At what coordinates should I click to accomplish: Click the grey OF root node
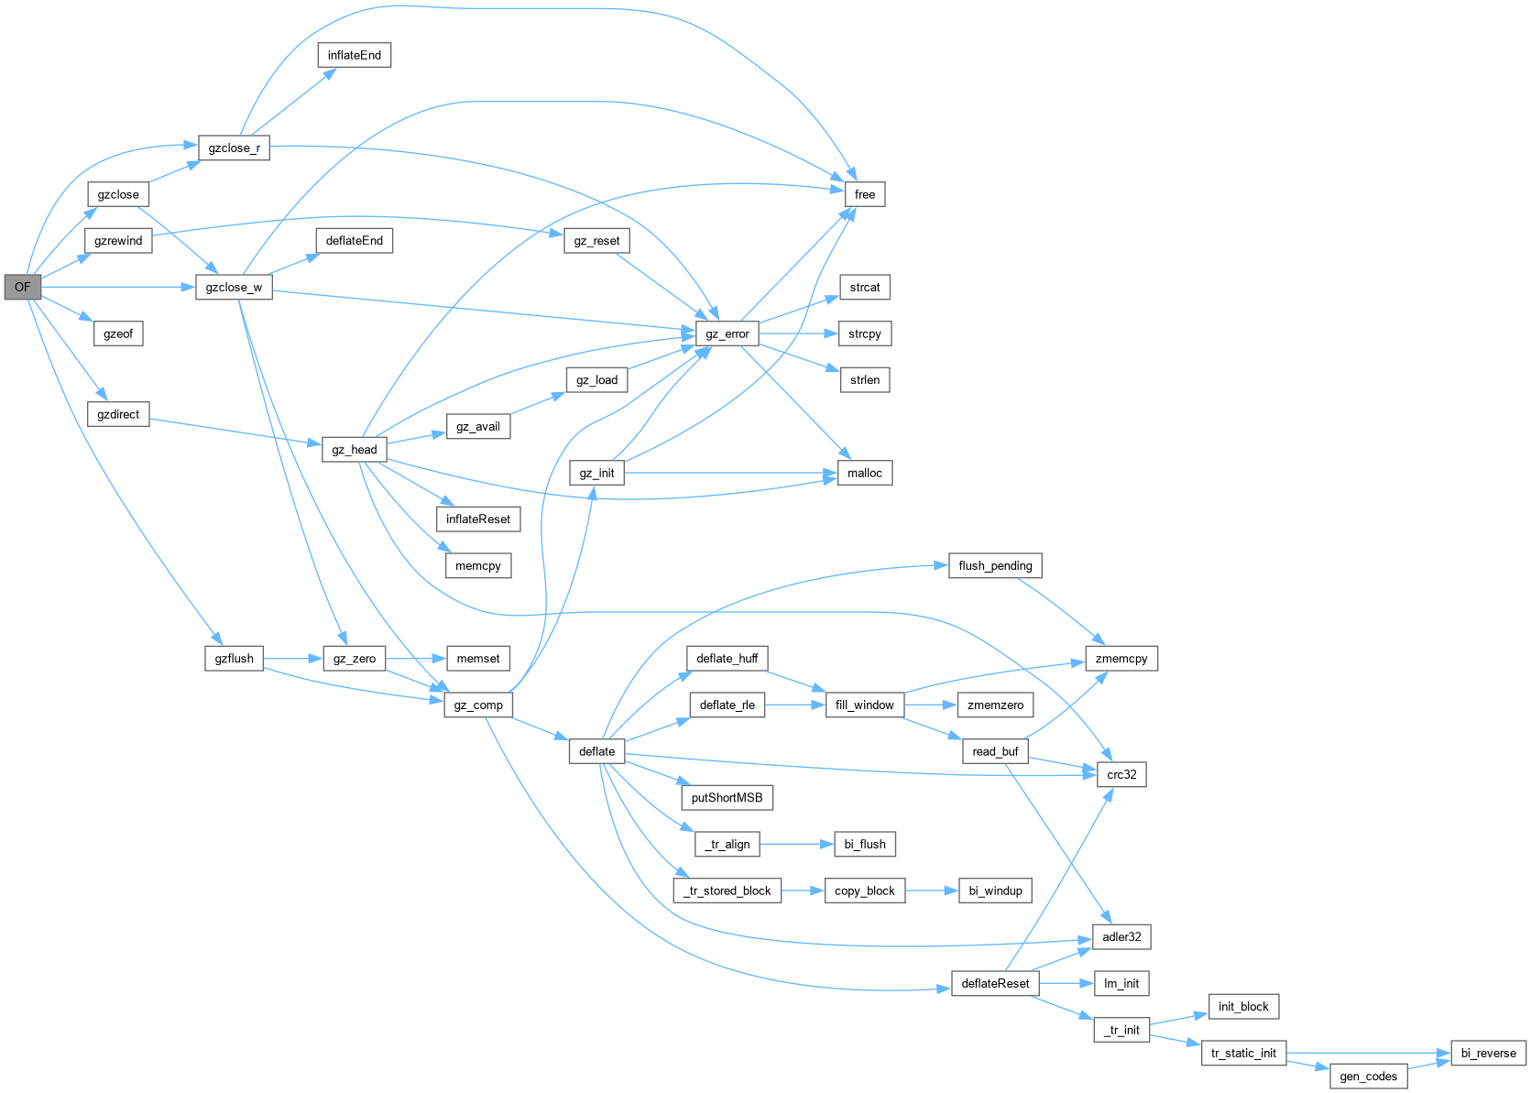(22, 287)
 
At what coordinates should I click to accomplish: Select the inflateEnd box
(354, 55)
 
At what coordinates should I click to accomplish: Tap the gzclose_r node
(234, 148)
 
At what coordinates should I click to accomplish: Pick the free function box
(864, 194)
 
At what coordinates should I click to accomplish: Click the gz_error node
(727, 333)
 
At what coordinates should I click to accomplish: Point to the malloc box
(864, 473)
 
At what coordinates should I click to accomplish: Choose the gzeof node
(118, 333)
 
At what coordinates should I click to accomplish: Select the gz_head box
(354, 449)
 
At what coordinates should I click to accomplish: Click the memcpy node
(477, 565)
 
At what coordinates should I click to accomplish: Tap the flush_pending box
(994, 565)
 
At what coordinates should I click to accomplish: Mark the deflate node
(596, 751)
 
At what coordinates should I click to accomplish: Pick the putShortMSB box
(727, 797)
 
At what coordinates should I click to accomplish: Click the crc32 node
(1121, 774)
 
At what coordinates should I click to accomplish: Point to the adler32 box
(1121, 936)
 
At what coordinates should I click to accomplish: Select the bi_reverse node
(1488, 1053)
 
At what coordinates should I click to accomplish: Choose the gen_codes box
(1368, 1076)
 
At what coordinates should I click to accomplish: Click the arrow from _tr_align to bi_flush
(796, 844)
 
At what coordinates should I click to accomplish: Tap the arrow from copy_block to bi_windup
(931, 891)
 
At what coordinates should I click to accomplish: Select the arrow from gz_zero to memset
(415, 658)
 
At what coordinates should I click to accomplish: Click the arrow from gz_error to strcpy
(797, 333)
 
